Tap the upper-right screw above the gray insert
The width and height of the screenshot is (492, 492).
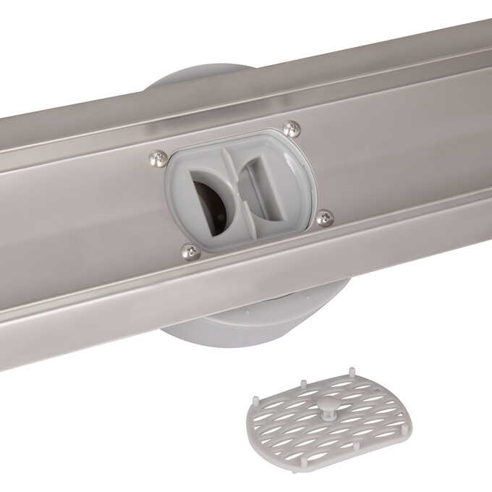pyautogui.click(x=291, y=129)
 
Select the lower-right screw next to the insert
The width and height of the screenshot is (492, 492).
pyautogui.click(x=325, y=217)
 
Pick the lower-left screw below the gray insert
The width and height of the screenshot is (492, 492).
pyautogui.click(x=190, y=251)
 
